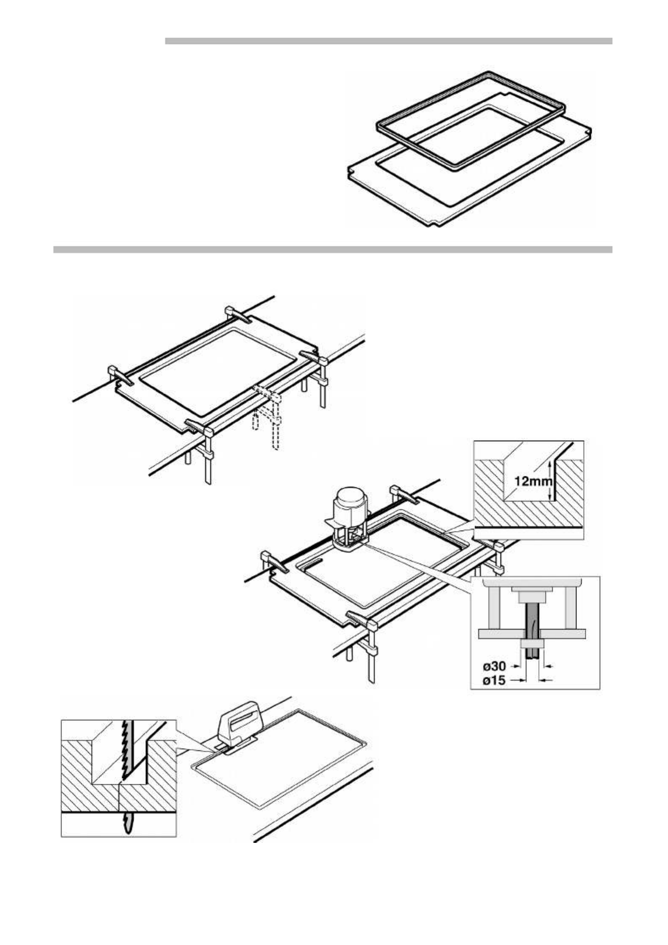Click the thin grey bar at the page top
388,41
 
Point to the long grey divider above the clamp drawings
333,250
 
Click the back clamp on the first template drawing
240,316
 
